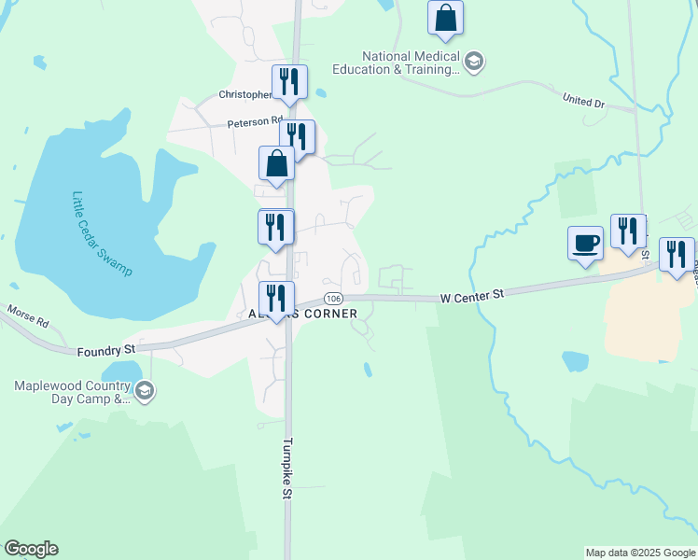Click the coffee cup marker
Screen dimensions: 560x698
tap(585, 244)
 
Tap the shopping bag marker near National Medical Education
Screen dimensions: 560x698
tap(446, 18)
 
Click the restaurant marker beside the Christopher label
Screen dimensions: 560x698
tap(289, 82)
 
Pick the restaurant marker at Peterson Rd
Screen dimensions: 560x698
tap(298, 137)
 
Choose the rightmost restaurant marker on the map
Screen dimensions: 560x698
tap(677, 255)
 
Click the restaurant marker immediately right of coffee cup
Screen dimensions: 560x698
tap(628, 232)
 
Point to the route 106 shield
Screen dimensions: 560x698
tap(332, 298)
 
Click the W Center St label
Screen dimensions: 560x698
tap(472, 295)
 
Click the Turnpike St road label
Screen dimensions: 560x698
tap(288, 469)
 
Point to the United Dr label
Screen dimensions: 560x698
tap(585, 99)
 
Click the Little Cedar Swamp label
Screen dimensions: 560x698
tap(102, 233)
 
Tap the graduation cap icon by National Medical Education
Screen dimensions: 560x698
tap(474, 63)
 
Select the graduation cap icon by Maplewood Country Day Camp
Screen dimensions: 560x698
tap(144, 392)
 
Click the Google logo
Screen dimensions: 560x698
tap(31, 549)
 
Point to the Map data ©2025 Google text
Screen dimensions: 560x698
tap(640, 553)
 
